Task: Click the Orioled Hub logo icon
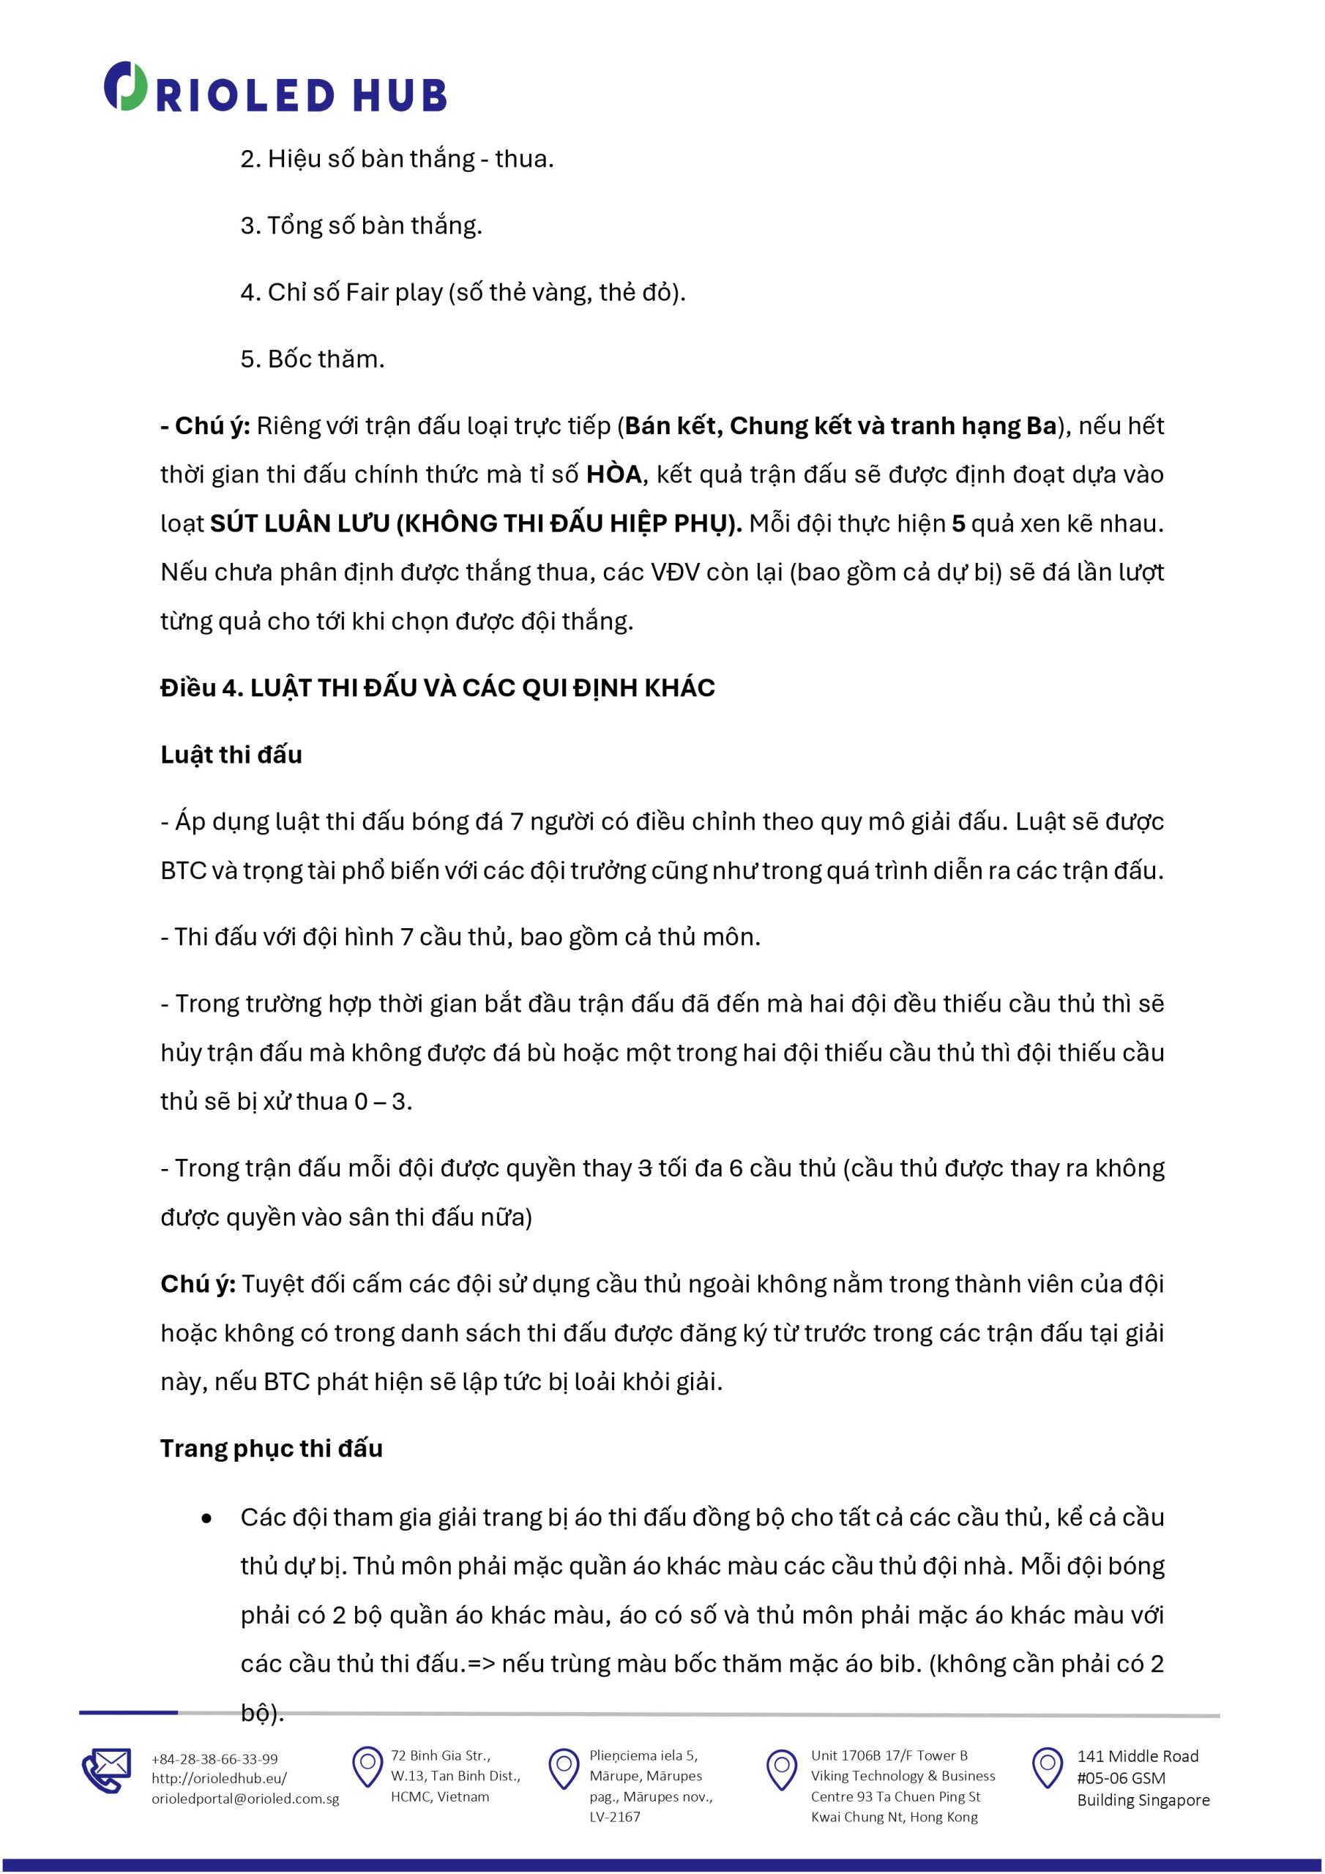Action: [x=125, y=86]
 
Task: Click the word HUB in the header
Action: [x=399, y=95]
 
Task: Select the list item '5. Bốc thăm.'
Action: [x=312, y=359]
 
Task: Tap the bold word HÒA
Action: [x=614, y=474]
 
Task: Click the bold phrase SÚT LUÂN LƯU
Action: [x=299, y=523]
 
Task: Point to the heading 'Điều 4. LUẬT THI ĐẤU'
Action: [x=437, y=688]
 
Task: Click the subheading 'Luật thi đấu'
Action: [x=231, y=755]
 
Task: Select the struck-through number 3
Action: [x=644, y=1169]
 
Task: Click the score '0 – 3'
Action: [x=382, y=1102]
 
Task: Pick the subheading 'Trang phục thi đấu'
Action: [x=271, y=1449]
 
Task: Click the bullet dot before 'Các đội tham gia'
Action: [x=206, y=1518]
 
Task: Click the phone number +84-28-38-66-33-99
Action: [x=214, y=1759]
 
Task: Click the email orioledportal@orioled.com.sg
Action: [x=245, y=1798]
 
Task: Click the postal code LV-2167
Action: [x=615, y=1817]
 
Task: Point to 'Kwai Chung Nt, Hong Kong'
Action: [x=894, y=1817]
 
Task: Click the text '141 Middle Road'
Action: [x=1137, y=1756]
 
